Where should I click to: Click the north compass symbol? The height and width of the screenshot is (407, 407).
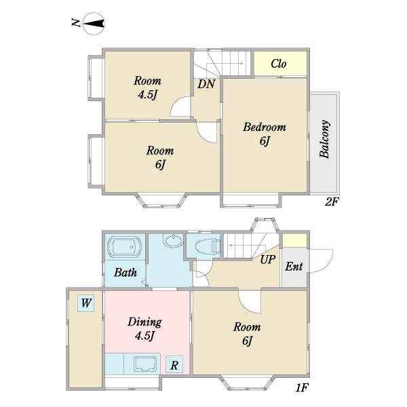pyautogui.click(x=94, y=24)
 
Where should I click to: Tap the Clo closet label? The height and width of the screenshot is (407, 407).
pyautogui.click(x=279, y=64)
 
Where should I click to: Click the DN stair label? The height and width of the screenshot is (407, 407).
pyautogui.click(x=206, y=84)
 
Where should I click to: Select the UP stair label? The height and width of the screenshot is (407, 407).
pyautogui.click(x=268, y=259)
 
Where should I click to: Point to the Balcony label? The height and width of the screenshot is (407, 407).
pyautogui.click(x=325, y=139)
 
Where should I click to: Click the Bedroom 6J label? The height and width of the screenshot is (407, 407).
pyautogui.click(x=265, y=134)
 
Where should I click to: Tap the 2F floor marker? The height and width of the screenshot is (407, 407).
pyautogui.click(x=332, y=201)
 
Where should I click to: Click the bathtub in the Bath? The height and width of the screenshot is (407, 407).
pyautogui.click(x=124, y=246)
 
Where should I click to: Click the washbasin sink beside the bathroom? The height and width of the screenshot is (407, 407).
pyautogui.click(x=172, y=240)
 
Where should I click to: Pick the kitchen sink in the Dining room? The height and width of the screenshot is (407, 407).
pyautogui.click(x=145, y=364)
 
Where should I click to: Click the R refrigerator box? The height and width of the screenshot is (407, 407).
pyautogui.click(x=174, y=364)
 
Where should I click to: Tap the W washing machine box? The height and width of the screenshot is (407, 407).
pyautogui.click(x=86, y=303)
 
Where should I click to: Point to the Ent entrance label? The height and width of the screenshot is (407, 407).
pyautogui.click(x=294, y=267)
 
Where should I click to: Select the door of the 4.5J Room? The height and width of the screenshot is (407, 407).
pyautogui.click(x=180, y=106)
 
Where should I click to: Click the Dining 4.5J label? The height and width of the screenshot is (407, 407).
pyautogui.click(x=145, y=328)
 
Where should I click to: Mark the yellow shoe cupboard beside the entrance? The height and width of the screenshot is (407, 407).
pyautogui.click(x=294, y=241)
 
